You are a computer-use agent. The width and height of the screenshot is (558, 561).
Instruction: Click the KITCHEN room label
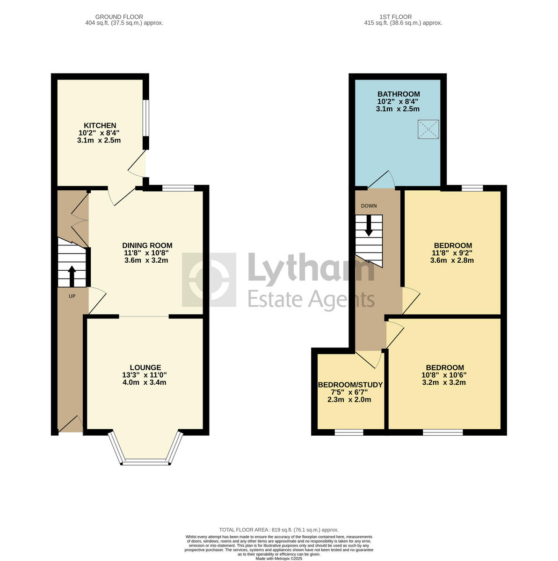click(100, 125)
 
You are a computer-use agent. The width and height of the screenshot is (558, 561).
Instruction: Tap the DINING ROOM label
click(147, 245)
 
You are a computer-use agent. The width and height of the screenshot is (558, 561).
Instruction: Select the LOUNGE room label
click(145, 367)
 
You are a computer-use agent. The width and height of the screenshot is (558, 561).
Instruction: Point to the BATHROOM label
click(399, 94)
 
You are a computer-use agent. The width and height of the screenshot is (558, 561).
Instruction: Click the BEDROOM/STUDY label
click(350, 385)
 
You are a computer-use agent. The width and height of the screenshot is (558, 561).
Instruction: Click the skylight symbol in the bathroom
click(428, 129)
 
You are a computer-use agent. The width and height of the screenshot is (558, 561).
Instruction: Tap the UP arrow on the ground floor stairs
click(72, 276)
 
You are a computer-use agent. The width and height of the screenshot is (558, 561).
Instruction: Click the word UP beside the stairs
click(72, 296)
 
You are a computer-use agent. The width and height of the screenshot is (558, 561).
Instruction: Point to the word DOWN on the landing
click(369, 206)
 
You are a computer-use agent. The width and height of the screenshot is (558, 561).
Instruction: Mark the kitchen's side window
click(146, 118)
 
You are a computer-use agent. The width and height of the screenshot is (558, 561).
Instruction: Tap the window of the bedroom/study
click(349, 432)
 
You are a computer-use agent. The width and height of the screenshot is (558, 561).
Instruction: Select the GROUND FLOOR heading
click(119, 17)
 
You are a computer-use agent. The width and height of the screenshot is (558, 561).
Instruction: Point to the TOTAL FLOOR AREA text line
click(279, 530)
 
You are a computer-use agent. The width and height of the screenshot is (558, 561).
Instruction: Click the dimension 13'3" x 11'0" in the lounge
click(145, 375)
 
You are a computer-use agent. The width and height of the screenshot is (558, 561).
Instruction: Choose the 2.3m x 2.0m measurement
click(350, 400)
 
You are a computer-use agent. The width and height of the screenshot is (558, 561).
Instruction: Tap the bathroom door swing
click(383, 181)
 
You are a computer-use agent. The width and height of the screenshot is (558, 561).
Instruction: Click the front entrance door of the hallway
click(70, 424)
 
